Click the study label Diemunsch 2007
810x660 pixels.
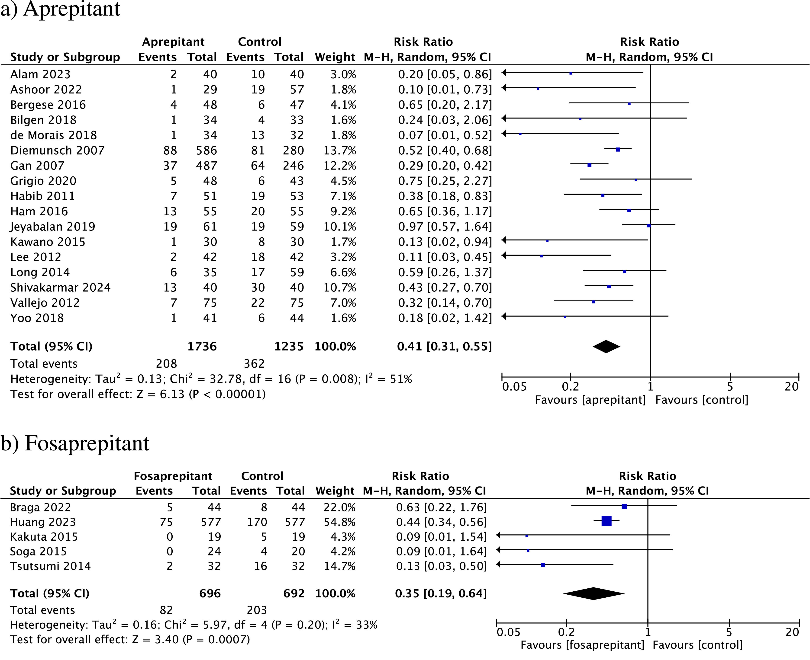(57, 150)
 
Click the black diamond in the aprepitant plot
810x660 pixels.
(606, 346)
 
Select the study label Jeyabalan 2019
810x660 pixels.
(52, 226)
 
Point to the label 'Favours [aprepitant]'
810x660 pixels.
(590, 400)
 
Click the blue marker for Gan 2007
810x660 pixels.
(589, 165)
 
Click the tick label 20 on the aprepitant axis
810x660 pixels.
(791, 387)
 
